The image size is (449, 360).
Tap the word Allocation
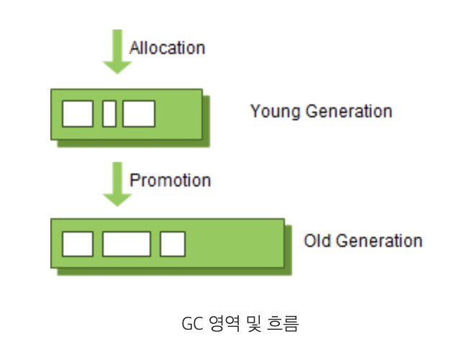(167, 48)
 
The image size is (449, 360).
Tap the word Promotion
(170, 180)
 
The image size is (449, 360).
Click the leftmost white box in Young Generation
(78, 114)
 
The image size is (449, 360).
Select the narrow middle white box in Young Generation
(109, 114)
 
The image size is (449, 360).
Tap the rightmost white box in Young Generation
(139, 114)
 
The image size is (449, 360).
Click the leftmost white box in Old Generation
(78, 243)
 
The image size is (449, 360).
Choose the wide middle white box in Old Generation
(127, 243)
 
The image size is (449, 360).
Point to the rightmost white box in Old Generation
(173, 243)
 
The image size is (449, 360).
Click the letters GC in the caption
(191, 324)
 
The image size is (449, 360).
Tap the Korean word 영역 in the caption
(218, 324)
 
